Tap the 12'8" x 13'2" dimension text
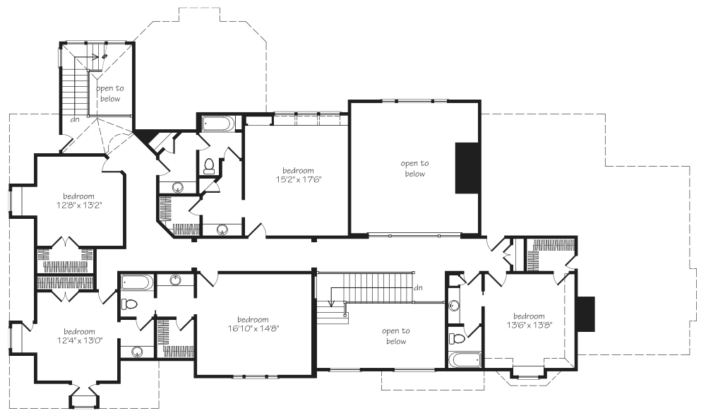tap(79, 205)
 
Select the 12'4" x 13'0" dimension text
tap(79, 340)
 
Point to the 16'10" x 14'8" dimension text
tap(253, 328)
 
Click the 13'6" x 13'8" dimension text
tap(529, 325)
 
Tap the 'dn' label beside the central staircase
tap(418, 288)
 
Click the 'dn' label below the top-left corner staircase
tap(76, 120)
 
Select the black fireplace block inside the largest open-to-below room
tap(467, 168)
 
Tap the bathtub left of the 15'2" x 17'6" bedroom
tap(218, 124)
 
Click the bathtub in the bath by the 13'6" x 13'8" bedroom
tap(465, 360)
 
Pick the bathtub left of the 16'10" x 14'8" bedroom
tap(137, 282)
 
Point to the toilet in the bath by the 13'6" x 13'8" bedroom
tap(457, 338)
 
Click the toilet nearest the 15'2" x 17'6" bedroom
tap(209, 166)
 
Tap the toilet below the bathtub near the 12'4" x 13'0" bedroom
tap(128, 304)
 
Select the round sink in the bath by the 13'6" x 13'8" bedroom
tap(453, 306)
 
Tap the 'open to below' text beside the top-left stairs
tap(110, 94)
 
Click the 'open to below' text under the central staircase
tap(396, 336)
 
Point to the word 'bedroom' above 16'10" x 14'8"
tap(253, 320)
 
